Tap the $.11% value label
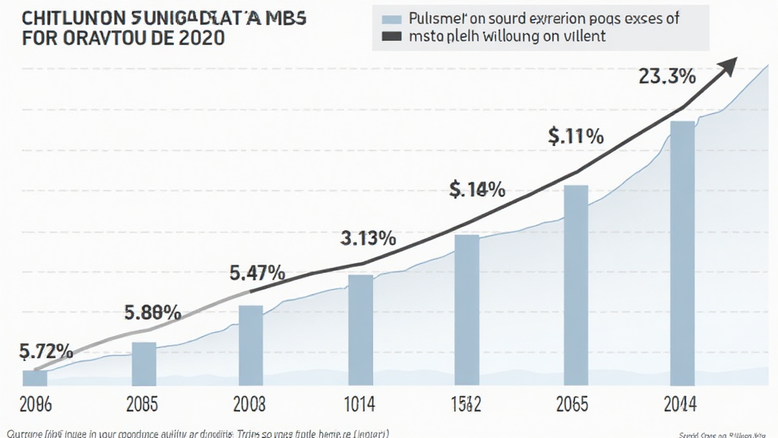pos(575,137)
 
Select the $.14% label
pos(477,189)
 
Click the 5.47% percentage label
pos(257,273)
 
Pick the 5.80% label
pos(152,312)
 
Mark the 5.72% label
pos(45,351)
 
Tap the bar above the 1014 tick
pos(360,329)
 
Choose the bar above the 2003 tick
pos(251,344)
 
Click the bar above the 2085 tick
pos(144,363)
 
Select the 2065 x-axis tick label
pos(574,403)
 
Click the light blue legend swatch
pos(392,19)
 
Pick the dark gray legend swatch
pos(392,36)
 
